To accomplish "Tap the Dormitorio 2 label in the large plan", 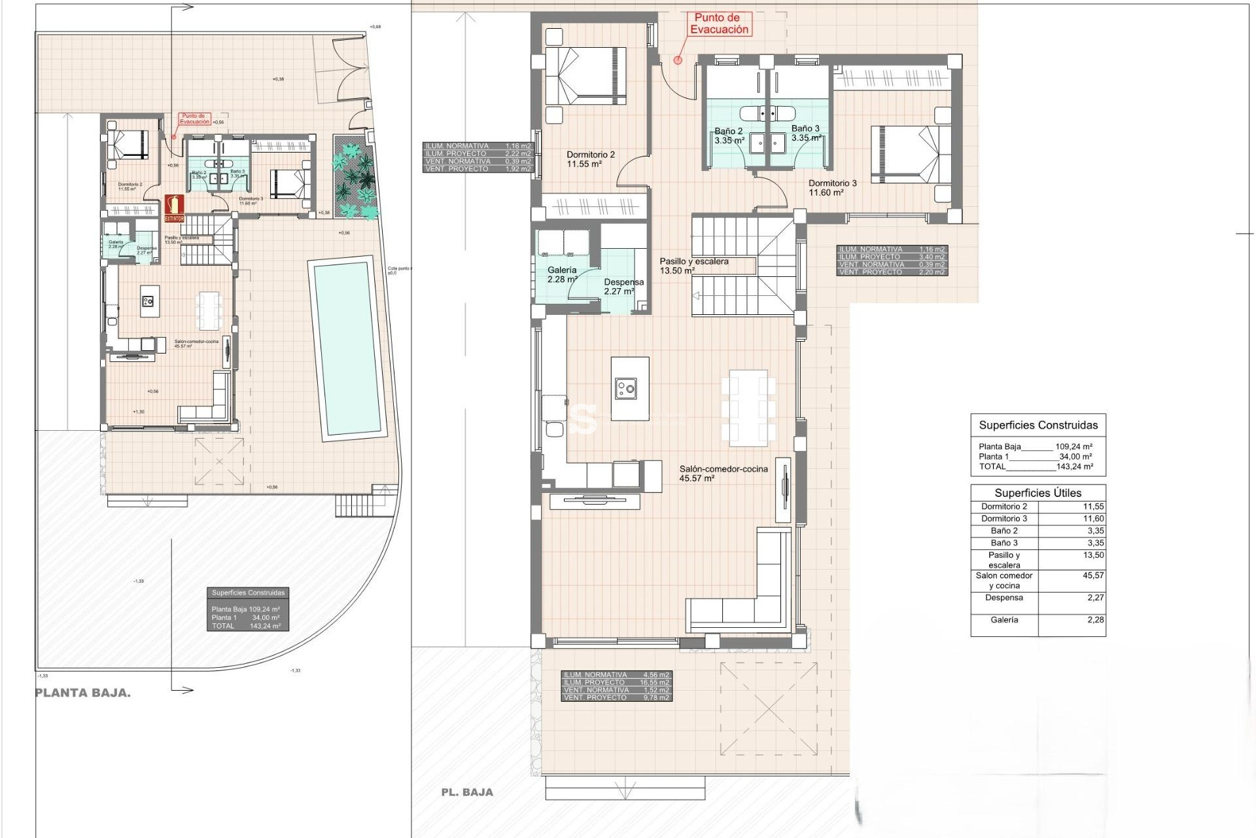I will tap(590, 159).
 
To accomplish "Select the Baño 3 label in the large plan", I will tap(805, 133).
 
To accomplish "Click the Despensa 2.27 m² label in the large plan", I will tap(623, 287).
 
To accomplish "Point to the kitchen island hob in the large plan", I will tap(625, 390).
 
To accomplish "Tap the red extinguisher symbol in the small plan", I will tap(174, 208).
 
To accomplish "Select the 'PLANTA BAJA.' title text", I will tap(82, 693).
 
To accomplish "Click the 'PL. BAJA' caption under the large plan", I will tap(466, 792).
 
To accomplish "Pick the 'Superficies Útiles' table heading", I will tap(1038, 493).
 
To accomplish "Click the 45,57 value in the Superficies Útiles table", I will tap(1093, 575).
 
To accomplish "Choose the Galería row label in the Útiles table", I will tap(1004, 620).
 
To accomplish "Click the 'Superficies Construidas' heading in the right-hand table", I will tap(1038, 425).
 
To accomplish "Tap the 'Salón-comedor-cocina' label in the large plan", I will tap(723, 473).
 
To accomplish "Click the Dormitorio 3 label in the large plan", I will tap(832, 188).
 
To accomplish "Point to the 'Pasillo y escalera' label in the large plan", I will tap(693, 266).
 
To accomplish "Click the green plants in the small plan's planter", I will tap(354, 177).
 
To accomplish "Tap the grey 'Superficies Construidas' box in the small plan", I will tap(248, 609).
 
